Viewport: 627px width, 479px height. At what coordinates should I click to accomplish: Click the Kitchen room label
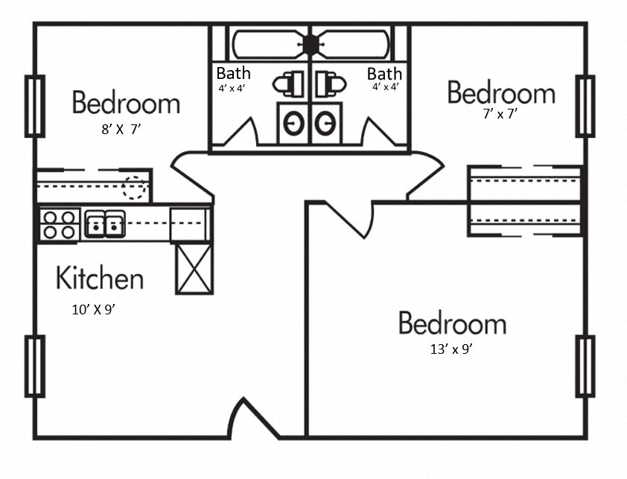click(x=100, y=279)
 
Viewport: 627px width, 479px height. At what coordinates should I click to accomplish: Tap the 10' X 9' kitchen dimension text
click(x=93, y=310)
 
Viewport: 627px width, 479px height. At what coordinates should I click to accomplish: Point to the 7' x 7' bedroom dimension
click(x=500, y=114)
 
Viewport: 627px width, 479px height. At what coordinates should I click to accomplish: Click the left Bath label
click(x=233, y=74)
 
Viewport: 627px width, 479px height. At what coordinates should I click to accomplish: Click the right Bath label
click(x=384, y=74)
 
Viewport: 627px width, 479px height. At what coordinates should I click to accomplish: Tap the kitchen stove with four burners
click(x=60, y=224)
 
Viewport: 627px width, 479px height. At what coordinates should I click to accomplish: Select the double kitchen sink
click(x=104, y=223)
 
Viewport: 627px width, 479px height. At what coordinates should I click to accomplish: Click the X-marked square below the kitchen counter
click(x=194, y=268)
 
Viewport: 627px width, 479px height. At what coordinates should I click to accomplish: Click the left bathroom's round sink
click(x=293, y=124)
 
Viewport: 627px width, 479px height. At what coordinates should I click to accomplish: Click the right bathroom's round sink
click(x=325, y=124)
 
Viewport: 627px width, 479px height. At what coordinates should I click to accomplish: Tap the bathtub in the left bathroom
click(x=268, y=45)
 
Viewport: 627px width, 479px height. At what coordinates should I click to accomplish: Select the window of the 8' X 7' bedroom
click(x=34, y=106)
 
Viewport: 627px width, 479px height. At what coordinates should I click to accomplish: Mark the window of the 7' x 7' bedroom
click(x=585, y=106)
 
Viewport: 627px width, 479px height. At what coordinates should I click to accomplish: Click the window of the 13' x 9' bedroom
click(x=585, y=366)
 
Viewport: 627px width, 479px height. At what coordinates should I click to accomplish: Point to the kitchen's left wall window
click(x=34, y=366)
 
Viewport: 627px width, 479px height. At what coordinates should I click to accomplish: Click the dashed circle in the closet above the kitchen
click(x=135, y=187)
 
